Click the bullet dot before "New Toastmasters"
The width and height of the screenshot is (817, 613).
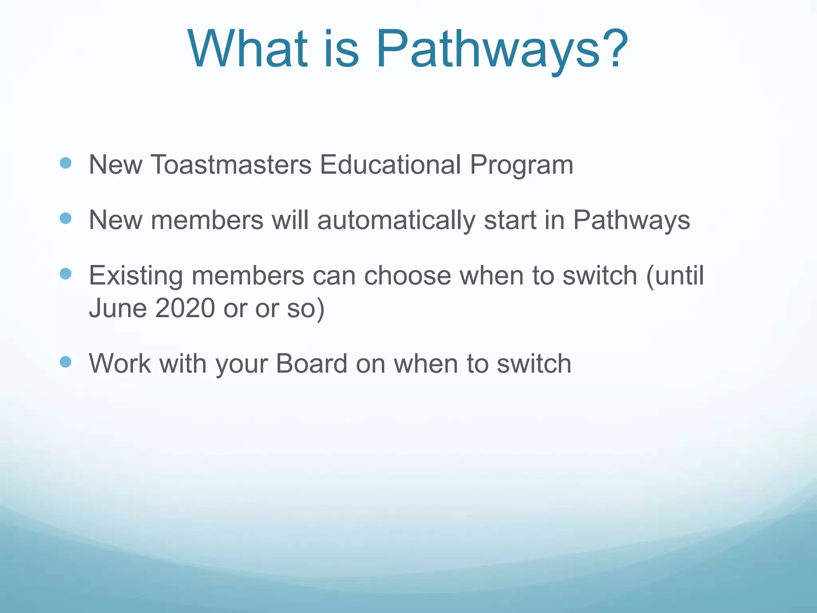pyautogui.click(x=65, y=163)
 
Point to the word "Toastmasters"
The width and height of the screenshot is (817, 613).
pyautogui.click(x=231, y=164)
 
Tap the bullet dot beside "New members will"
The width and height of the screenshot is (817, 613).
pyautogui.click(x=65, y=218)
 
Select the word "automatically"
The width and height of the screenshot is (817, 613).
pyautogui.click(x=396, y=220)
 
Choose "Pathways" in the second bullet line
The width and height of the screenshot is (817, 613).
pyautogui.click(x=631, y=220)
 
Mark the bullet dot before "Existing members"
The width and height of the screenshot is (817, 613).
pyautogui.click(x=65, y=274)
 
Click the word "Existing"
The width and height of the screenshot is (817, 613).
pyautogui.click(x=136, y=275)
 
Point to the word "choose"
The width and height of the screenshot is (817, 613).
pyautogui.click(x=407, y=275)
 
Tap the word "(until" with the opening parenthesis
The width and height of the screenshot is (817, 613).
pyautogui.click(x=675, y=275)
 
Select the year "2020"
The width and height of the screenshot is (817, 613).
pyautogui.click(x=185, y=308)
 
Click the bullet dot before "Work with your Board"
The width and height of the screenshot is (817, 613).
pyautogui.click(x=65, y=362)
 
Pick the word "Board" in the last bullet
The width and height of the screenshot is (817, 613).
pyautogui.click(x=311, y=363)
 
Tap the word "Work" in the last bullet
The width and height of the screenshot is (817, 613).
pyautogui.click(x=120, y=363)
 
